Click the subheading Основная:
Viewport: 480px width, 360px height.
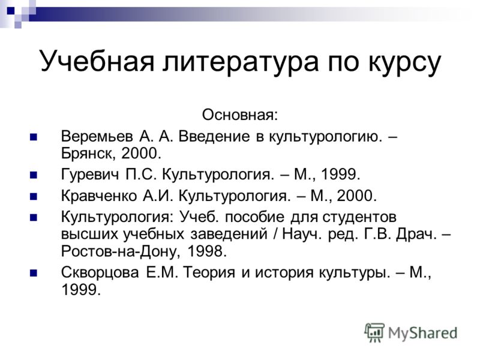pyautogui.click(x=240, y=115)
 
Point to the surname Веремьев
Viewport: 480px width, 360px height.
pyautogui.click(x=97, y=136)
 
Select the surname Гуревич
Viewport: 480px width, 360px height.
pyautogui.click(x=90, y=175)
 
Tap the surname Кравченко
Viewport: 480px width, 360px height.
pyautogui.click(x=99, y=196)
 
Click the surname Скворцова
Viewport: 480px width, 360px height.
pyautogui.click(x=100, y=272)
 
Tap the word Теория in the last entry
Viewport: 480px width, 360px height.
pyautogui.click(x=209, y=272)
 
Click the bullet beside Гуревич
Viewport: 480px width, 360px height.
pyautogui.click(x=34, y=175)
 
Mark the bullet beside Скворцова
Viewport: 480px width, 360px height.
pyautogui.click(x=34, y=273)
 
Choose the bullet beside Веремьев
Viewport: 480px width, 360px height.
pyautogui.click(x=34, y=137)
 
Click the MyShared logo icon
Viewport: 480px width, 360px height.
pyautogui.click(x=374, y=332)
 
